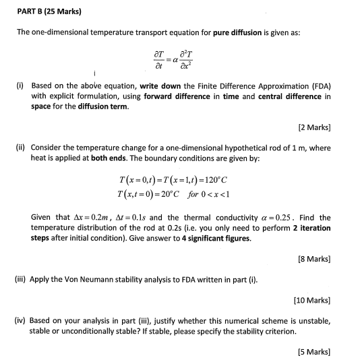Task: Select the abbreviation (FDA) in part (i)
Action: coord(318,88)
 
